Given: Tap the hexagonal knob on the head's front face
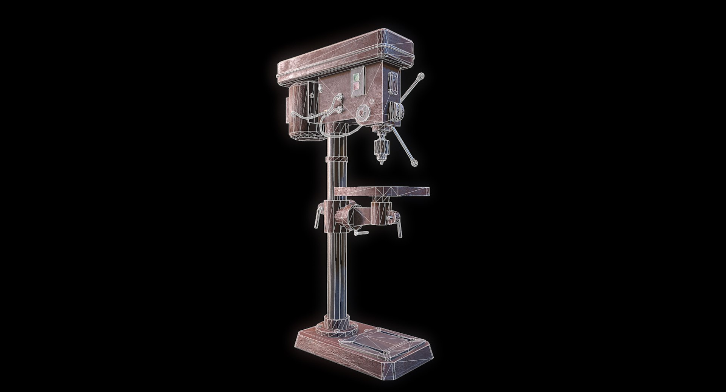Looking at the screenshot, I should [363, 113].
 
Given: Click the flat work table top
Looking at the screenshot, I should [382, 191].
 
